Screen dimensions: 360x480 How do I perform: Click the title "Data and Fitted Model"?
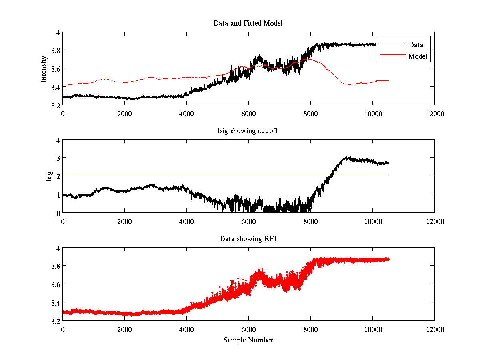click(x=248, y=23)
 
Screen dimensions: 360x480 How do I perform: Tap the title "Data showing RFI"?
click(x=248, y=239)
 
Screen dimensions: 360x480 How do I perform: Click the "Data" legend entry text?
click(x=416, y=45)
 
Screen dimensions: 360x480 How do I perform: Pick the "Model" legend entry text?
click(x=418, y=56)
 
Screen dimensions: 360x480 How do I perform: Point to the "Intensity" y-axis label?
click(x=44, y=68)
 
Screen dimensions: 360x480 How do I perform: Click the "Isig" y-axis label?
click(x=49, y=176)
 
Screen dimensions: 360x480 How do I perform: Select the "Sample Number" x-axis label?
click(x=248, y=340)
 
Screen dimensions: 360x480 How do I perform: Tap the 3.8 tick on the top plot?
click(x=55, y=50)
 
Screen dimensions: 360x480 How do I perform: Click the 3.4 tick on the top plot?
click(x=55, y=87)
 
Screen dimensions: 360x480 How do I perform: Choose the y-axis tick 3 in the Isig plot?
click(x=58, y=158)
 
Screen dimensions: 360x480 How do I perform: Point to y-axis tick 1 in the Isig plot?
click(x=58, y=195)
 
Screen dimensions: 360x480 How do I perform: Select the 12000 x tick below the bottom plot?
click(x=434, y=329)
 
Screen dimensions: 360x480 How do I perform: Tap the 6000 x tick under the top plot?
click(x=248, y=114)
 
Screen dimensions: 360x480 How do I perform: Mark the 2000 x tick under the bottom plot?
click(x=124, y=329)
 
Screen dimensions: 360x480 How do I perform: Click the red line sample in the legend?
click(x=391, y=56)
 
